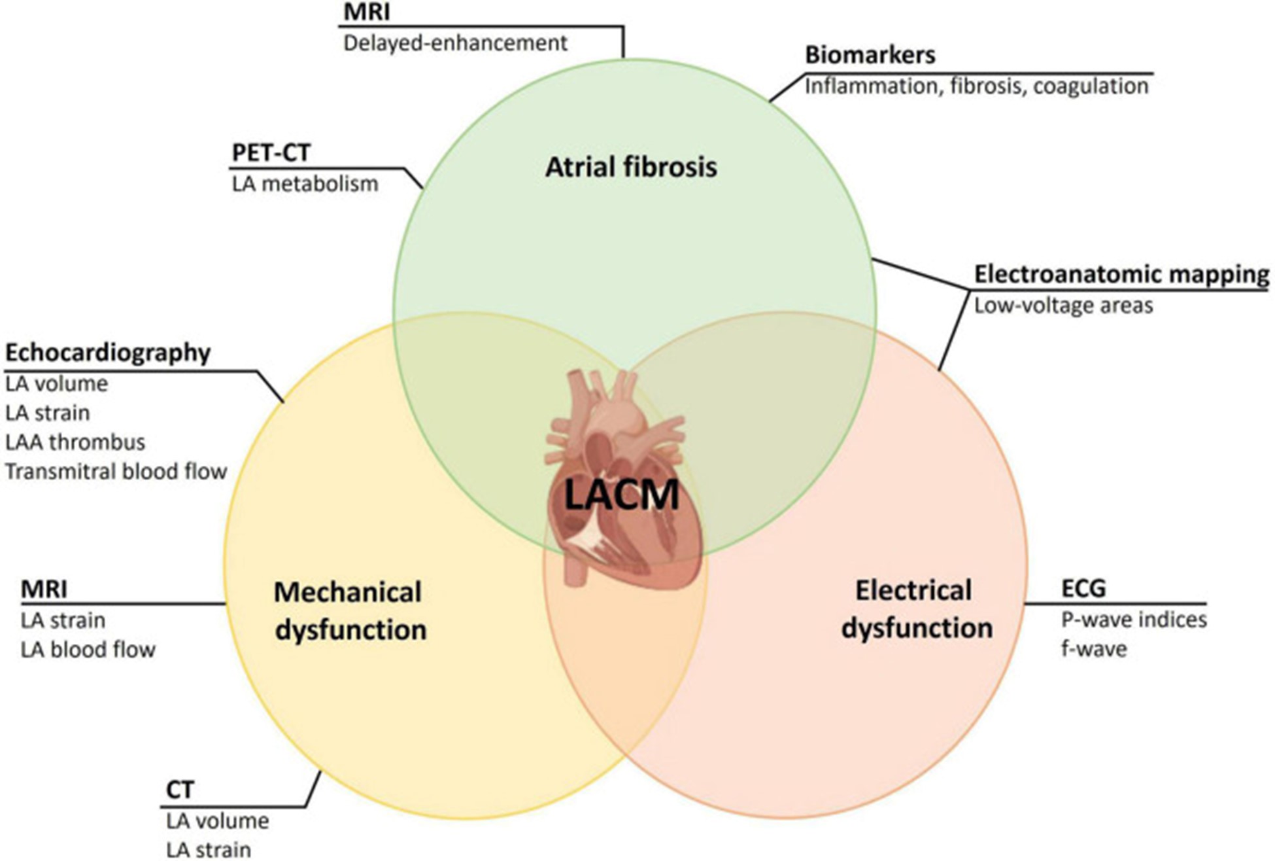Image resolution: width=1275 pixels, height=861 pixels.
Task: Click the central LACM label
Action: (621, 495)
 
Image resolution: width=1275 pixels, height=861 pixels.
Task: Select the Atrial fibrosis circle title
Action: (631, 167)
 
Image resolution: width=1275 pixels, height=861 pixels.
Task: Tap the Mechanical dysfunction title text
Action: (349, 610)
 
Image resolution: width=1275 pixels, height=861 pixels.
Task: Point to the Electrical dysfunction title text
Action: (916, 608)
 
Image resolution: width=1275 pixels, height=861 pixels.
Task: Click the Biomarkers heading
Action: (870, 55)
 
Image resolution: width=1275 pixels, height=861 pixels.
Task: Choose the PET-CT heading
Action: (271, 152)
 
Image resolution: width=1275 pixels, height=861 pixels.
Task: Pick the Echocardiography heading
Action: (108, 353)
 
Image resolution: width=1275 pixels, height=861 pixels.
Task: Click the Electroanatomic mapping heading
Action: (1121, 274)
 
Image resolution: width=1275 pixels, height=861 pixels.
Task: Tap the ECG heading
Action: (1083, 588)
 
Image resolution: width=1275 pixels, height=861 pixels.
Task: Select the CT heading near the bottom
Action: (180, 790)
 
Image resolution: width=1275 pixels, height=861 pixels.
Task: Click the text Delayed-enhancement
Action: (455, 43)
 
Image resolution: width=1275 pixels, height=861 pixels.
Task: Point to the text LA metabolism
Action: (305, 184)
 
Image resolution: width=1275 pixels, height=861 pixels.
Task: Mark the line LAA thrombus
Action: (75, 442)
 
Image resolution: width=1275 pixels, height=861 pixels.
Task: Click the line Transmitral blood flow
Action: (116, 471)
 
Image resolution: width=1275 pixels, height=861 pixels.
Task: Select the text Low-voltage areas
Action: (1063, 306)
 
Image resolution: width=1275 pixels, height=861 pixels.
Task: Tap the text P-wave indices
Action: (1133, 619)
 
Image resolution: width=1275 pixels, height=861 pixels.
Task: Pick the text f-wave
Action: (1093, 649)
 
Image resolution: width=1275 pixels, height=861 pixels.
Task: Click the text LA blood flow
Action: (88, 650)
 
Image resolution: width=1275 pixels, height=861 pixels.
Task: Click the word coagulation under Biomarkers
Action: (1091, 86)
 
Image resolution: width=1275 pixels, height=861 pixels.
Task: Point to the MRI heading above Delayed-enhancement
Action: (366, 13)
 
